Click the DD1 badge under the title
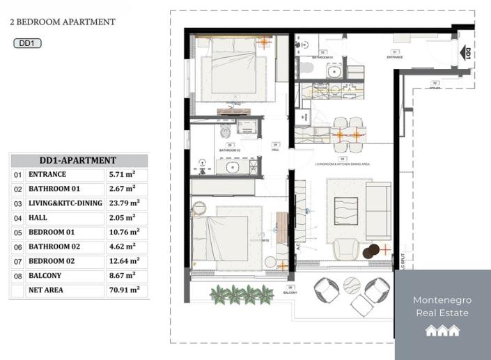click(28, 43)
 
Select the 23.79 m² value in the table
click(124, 203)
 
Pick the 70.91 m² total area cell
click(124, 290)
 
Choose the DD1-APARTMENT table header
click(78, 160)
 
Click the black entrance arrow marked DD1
click(467, 54)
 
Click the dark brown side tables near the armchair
click(372, 250)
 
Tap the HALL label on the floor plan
click(275, 148)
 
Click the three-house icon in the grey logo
click(443, 331)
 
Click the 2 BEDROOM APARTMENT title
click(63, 22)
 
